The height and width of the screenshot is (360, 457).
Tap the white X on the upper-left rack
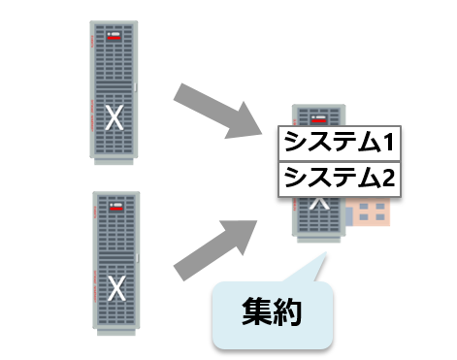point(114,118)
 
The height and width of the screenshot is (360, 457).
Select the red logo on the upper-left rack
point(114,39)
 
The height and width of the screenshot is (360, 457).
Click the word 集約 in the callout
point(272,313)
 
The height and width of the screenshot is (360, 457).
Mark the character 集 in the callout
point(256,313)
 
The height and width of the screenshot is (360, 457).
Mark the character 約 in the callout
point(288,313)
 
